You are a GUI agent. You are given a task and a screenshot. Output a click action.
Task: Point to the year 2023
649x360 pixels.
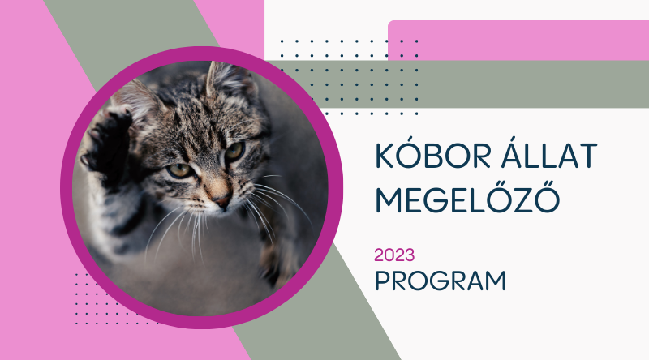point(394,255)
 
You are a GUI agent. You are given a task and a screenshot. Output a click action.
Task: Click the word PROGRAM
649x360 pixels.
point(441,281)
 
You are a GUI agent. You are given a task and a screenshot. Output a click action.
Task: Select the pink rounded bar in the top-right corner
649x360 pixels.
point(518,41)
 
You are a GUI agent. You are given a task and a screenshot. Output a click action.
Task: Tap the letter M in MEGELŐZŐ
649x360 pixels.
point(389,199)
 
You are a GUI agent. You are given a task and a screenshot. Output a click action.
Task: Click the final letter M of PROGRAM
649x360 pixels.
point(494,281)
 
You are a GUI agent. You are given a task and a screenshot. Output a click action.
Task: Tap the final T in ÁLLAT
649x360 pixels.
point(588,155)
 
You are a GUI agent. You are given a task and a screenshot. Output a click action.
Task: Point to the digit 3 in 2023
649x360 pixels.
point(410,255)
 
